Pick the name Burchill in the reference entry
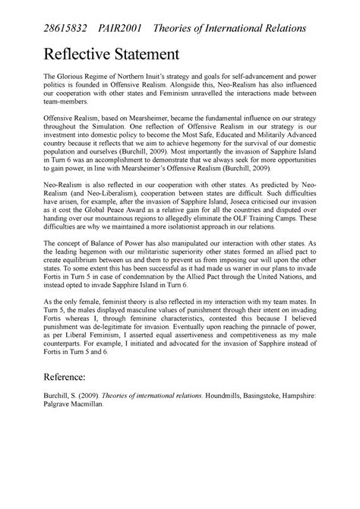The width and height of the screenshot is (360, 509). (x=58, y=471)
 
